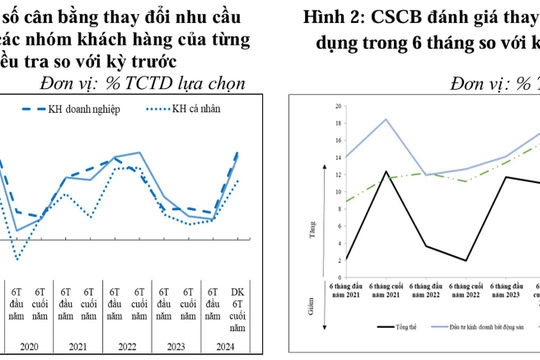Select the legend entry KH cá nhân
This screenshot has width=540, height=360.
pos(207,108)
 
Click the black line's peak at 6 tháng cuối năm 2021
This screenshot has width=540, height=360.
pos(386,171)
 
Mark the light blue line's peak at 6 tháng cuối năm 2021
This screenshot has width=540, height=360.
pos(386,119)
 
